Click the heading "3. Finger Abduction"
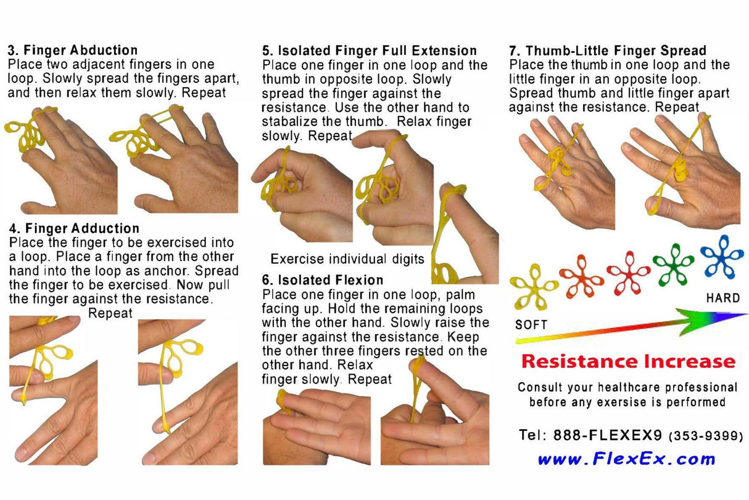pos(72,51)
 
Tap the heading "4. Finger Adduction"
pos(75,229)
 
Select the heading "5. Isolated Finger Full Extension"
pos(370,51)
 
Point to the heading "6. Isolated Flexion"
pos(323,280)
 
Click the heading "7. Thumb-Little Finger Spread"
pos(608,51)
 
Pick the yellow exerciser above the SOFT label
pos(534,286)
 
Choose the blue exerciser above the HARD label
pos(722,257)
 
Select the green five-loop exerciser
pos(674,264)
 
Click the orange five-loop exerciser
pos(582,276)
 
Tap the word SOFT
pos(531,324)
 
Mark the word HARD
pos(722,298)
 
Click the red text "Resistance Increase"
pos(628,361)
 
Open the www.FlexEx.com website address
pos(626,459)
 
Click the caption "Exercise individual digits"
pos(347,259)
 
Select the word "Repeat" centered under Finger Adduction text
pos(110,313)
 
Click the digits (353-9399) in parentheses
pos(706,436)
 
